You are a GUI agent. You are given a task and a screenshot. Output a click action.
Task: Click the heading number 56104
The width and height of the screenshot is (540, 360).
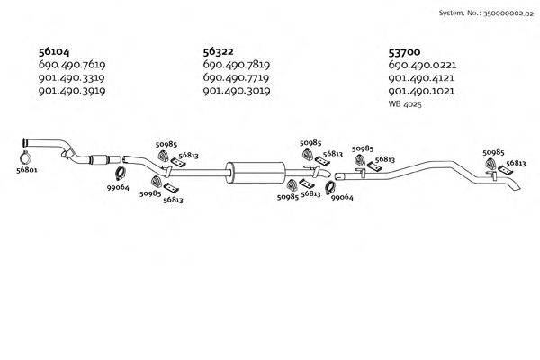coord(55,51)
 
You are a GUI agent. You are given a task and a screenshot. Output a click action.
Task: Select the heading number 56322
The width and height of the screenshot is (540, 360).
coord(220,51)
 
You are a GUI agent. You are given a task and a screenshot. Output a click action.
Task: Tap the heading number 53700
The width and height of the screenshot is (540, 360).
coord(405,51)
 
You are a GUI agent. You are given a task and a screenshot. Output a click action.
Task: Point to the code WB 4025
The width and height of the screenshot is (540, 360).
coord(404,105)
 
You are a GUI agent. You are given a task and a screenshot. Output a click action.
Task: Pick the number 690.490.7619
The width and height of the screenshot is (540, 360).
coord(72,65)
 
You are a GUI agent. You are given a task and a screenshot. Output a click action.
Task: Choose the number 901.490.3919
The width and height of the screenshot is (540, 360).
coord(72,91)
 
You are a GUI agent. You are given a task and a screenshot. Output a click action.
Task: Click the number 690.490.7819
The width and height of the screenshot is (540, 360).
coord(237,65)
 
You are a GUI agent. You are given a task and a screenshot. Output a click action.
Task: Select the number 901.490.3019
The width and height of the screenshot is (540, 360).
coord(237,91)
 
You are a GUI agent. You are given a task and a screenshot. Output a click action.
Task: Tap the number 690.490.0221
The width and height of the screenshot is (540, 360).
coord(421,65)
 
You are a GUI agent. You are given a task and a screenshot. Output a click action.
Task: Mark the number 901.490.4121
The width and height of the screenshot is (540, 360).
coord(421,78)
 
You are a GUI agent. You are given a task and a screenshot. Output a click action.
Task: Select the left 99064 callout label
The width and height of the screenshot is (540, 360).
coord(118,187)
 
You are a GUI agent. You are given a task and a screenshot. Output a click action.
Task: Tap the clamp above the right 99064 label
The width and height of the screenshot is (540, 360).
coord(330,188)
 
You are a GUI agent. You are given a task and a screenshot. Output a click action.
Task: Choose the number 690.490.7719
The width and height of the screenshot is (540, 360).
coord(237,78)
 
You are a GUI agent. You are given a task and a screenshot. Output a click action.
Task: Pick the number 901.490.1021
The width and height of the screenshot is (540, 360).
coord(421,91)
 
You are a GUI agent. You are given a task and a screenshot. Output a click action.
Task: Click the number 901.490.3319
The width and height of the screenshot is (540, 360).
coord(72,78)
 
